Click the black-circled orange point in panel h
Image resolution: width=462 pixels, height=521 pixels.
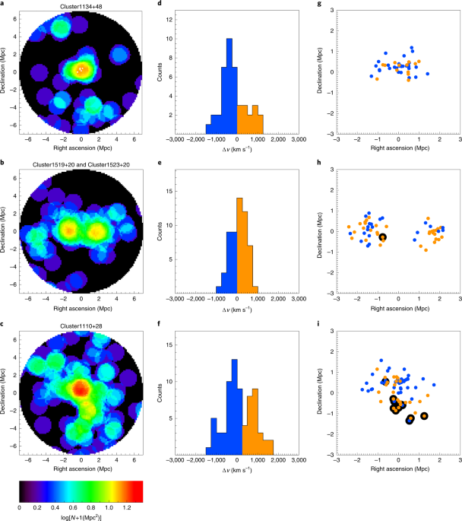tap(382, 238)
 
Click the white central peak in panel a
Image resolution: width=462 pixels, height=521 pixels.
tap(81, 69)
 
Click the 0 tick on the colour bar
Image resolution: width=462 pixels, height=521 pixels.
tap(19, 507)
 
